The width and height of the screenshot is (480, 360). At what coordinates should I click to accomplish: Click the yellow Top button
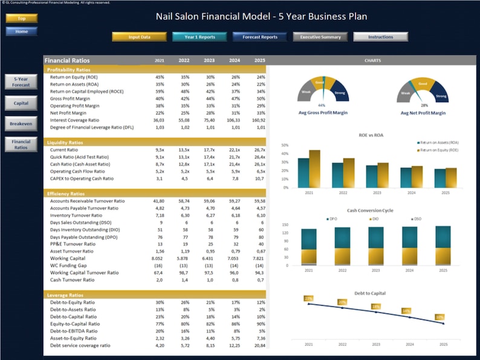[x=21, y=19]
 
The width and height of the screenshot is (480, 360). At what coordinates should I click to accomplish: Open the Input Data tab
[x=139, y=37]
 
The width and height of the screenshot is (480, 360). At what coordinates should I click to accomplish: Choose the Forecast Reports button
[x=260, y=37]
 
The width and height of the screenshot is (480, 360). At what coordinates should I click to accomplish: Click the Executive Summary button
[x=320, y=37]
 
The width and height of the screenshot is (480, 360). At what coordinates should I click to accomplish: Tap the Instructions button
[x=381, y=37]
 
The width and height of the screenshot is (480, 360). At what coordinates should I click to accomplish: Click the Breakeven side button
[x=21, y=124]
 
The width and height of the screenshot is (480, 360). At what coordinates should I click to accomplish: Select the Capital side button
[x=21, y=103]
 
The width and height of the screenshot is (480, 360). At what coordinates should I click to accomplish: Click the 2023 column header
[x=209, y=60]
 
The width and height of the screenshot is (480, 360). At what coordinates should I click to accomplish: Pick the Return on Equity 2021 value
[x=160, y=77]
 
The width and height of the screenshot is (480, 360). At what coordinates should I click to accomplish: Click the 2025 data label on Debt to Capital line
[x=439, y=317]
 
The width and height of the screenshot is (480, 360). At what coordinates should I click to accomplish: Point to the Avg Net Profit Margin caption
[x=424, y=113]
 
